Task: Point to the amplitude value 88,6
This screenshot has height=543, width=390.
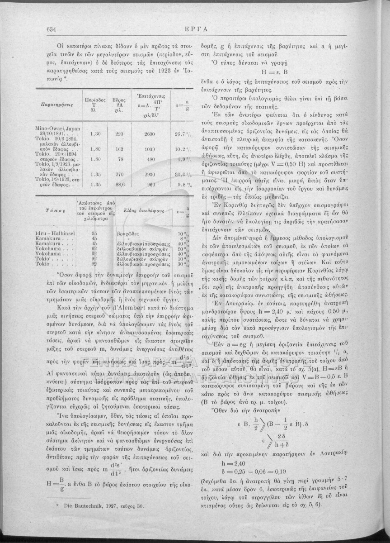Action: [120, 184]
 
